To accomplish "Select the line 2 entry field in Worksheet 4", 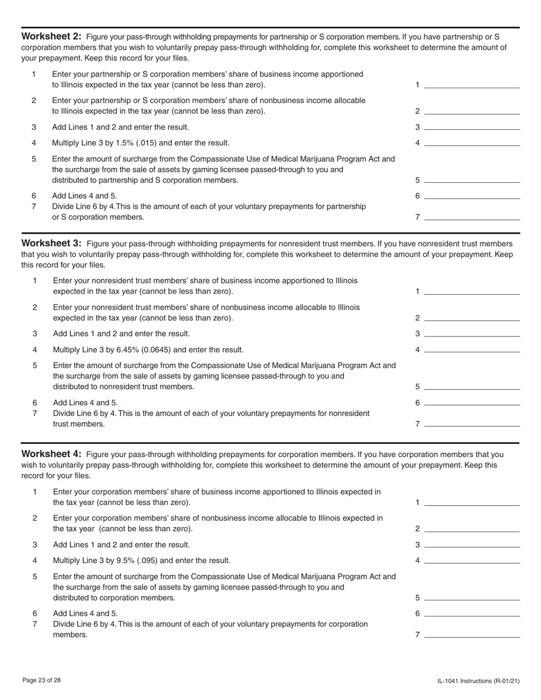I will coord(472,528).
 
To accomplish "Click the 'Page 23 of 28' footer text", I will coord(42,680).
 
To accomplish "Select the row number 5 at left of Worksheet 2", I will coord(34,159).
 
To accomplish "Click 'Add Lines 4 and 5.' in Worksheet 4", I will coord(85,613).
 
